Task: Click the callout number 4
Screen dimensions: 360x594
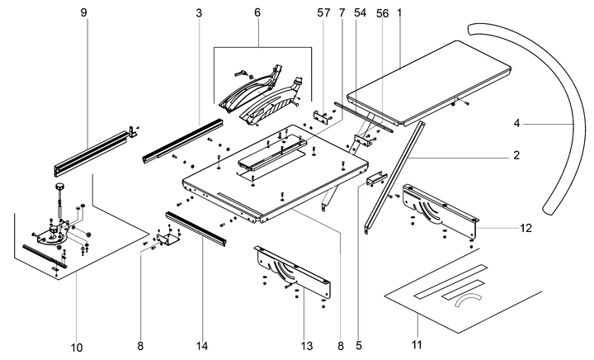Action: tap(516, 124)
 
